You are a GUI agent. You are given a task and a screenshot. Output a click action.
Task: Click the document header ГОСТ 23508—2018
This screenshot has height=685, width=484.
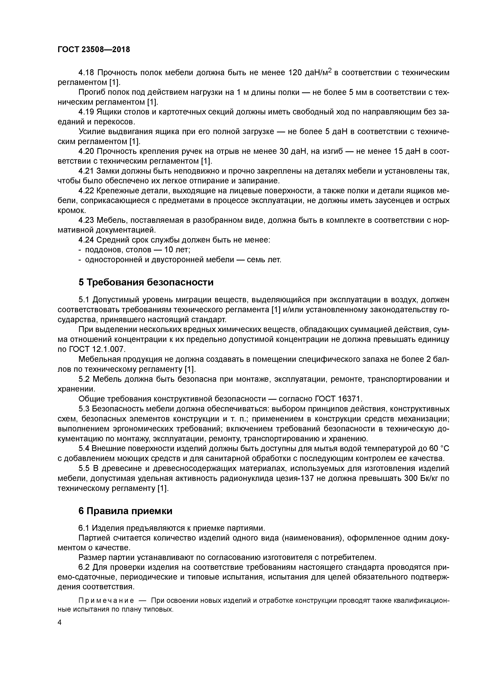[x=94, y=50]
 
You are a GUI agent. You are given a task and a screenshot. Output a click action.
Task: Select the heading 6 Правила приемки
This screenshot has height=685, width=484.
[x=125, y=511]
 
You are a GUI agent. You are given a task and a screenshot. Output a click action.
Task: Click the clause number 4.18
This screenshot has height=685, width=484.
[x=86, y=72]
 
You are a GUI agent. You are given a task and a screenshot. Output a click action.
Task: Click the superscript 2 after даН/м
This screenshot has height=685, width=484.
[x=330, y=70]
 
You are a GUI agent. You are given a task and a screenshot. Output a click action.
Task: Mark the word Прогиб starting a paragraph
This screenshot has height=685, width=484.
[x=93, y=92]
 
